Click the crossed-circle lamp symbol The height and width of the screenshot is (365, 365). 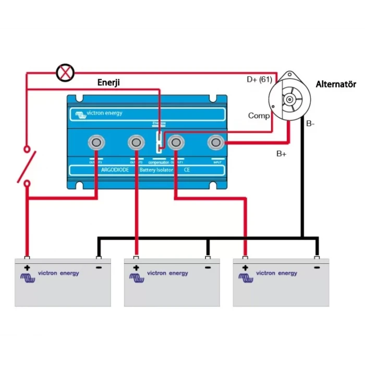point(65,72)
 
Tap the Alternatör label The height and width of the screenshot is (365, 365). point(336,84)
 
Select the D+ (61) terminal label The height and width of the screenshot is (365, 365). point(259,80)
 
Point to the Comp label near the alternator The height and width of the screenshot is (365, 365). point(259,115)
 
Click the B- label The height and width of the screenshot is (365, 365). point(311,124)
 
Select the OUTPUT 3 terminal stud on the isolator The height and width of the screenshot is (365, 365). point(96,141)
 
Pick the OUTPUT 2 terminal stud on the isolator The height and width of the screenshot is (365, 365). point(136,141)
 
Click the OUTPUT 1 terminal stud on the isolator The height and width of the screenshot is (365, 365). point(175,141)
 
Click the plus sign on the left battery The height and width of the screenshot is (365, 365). point(27,268)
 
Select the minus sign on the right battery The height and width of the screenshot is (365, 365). point(317,267)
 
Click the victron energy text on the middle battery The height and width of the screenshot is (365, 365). point(167,273)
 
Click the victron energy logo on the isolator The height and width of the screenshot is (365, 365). point(99,114)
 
